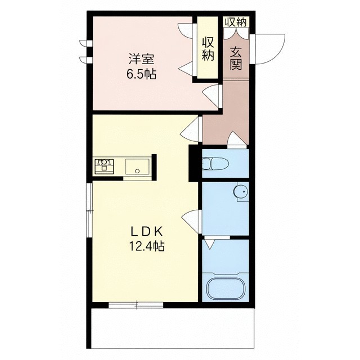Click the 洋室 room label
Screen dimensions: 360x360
click(141, 59)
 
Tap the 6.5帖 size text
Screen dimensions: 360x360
click(141, 74)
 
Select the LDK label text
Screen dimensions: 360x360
click(147, 232)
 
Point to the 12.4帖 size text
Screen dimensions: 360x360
click(147, 247)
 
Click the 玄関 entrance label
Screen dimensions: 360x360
click(236, 58)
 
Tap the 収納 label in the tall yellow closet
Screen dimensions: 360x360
click(208, 49)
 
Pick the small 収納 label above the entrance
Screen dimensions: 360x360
click(236, 22)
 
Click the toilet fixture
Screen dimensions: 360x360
click(215, 164)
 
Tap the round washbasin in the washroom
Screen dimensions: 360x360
click(241, 191)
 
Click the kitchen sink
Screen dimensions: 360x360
click(137, 166)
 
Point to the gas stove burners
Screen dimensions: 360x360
click(104, 166)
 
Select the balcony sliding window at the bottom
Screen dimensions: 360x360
click(136, 305)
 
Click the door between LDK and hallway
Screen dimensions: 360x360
click(191, 130)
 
